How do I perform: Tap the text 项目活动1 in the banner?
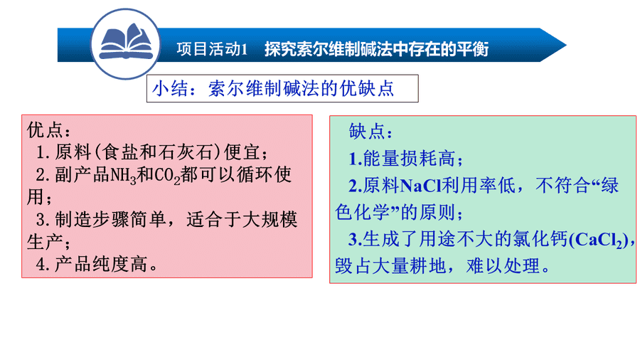tap(212, 49)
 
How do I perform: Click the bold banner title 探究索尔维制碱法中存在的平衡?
tap(376, 49)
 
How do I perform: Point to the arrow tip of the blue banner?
tap(566, 45)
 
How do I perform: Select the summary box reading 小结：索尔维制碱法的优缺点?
tap(282, 88)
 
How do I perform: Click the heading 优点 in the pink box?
tap(45, 130)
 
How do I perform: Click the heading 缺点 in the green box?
tap(366, 132)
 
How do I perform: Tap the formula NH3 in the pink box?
tap(123, 176)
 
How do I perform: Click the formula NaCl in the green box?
tap(420, 186)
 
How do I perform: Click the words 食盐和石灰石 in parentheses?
tap(158, 152)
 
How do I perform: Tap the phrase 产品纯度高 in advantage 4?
tap(100, 264)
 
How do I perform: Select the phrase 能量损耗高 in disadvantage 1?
tap(409, 159)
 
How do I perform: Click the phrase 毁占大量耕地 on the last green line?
tap(390, 266)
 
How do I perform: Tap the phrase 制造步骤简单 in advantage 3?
tap(110, 220)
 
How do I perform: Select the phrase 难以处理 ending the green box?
tap(503, 266)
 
